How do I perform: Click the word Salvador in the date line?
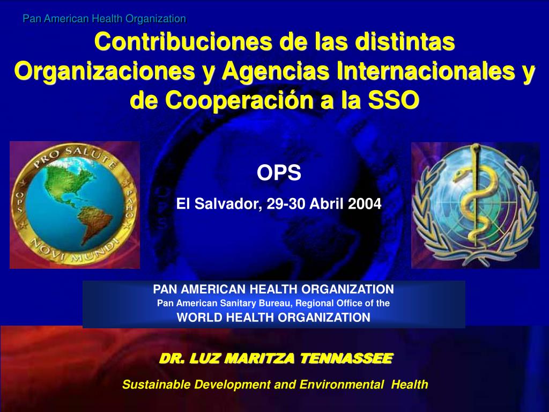pyautogui.click(x=222, y=204)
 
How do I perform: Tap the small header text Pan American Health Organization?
pyautogui.click(x=104, y=19)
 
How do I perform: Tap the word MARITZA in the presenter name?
pyautogui.click(x=260, y=358)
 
